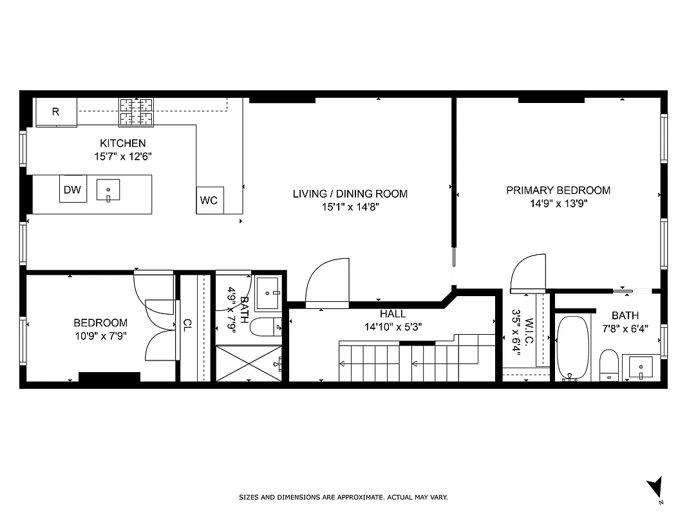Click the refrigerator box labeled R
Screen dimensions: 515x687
click(x=55, y=112)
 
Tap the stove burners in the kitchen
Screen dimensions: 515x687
click(x=136, y=112)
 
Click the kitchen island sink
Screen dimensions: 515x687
click(x=108, y=191)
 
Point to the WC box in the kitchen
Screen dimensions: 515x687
click(x=209, y=200)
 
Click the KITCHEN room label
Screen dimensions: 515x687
click(x=122, y=143)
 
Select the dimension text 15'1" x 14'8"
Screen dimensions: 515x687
click(x=350, y=207)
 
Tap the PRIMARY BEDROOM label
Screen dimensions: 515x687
click(x=558, y=191)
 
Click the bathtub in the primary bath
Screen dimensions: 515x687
click(x=573, y=348)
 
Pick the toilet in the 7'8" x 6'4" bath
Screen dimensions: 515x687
click(x=608, y=365)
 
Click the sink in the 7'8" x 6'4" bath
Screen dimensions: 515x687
click(x=641, y=367)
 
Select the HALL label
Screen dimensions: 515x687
click(x=393, y=314)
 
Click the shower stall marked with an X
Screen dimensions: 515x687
click(x=249, y=363)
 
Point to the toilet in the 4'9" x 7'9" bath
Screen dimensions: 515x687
click(x=265, y=327)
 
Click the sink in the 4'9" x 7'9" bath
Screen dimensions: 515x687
click(x=267, y=293)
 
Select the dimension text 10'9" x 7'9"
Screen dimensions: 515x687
click(x=100, y=335)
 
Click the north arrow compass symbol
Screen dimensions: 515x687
click(x=655, y=487)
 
